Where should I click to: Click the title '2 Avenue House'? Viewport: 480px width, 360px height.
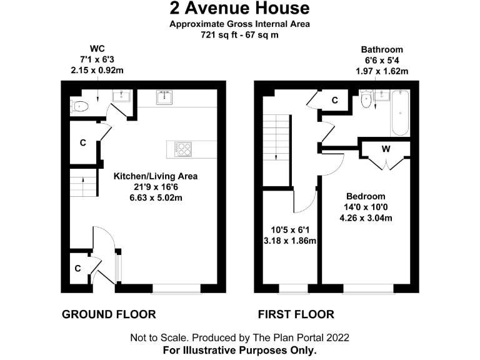[239, 8]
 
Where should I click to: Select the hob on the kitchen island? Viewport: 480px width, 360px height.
[185, 149]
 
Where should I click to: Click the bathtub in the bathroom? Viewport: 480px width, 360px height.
[399, 113]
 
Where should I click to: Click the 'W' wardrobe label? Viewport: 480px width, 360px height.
[386, 149]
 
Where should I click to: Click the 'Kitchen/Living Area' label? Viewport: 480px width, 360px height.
[155, 176]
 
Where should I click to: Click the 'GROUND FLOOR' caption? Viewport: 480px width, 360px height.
[109, 314]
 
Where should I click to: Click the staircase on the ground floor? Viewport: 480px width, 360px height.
[81, 185]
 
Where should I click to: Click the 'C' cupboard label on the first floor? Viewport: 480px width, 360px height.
[334, 100]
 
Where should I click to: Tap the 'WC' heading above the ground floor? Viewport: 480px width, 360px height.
[97, 49]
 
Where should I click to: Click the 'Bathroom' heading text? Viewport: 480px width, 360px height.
[382, 49]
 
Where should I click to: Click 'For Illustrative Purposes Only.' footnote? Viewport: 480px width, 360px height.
[239, 350]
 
